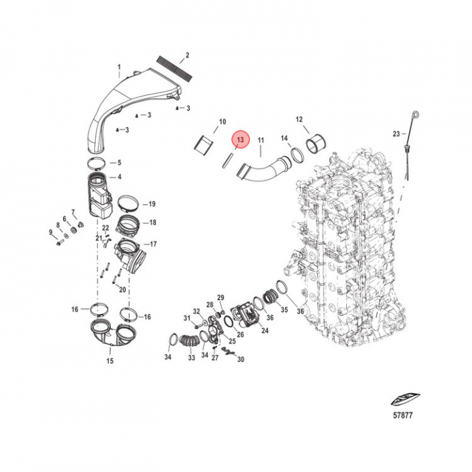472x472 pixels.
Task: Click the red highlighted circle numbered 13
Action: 241,140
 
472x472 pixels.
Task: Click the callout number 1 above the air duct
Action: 119,67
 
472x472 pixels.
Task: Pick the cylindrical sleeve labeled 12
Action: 318,144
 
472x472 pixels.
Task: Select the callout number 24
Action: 265,331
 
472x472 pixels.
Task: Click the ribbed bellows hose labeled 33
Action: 189,342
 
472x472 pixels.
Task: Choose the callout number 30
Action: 240,359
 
